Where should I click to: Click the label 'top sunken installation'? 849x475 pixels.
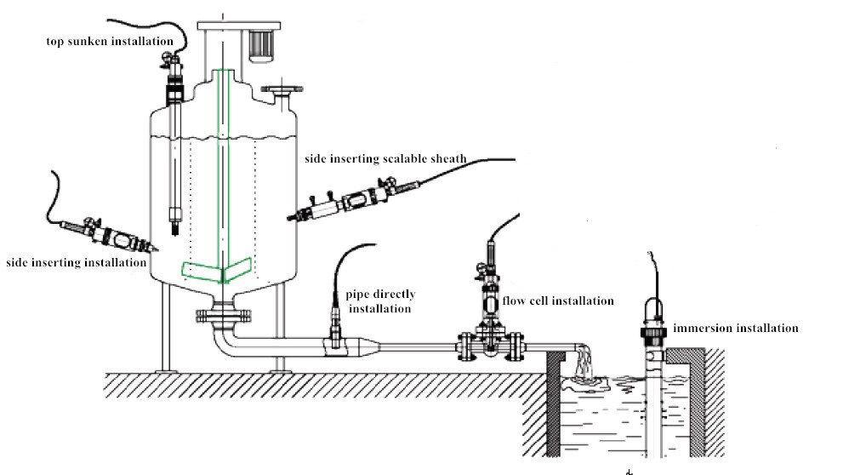110,41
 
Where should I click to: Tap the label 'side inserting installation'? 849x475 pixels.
75,262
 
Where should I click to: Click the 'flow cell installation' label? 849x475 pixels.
558,300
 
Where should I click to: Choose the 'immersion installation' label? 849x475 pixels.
735,328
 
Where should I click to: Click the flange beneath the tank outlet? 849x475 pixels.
224,316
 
